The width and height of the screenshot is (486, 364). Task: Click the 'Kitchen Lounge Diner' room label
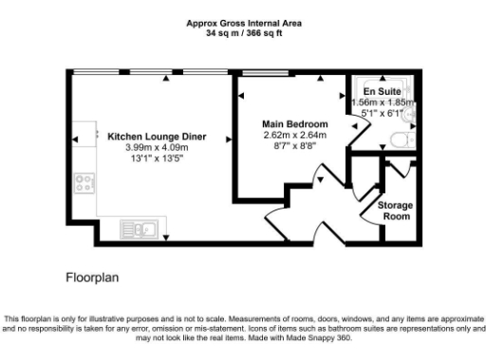(x=157, y=136)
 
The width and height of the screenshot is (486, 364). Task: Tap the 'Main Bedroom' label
(x=295, y=124)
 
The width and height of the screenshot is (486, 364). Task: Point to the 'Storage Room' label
(x=394, y=210)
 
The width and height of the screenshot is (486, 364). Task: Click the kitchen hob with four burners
(x=84, y=182)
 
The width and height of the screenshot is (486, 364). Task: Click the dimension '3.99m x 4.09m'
(x=157, y=147)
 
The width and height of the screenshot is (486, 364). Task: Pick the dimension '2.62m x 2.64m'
(x=295, y=136)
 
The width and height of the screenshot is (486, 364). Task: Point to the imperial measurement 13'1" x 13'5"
(x=157, y=158)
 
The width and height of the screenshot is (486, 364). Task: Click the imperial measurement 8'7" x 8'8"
(x=295, y=147)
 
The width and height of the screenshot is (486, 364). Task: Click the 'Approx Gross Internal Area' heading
(x=244, y=24)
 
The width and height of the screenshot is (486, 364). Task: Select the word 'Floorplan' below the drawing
(x=91, y=279)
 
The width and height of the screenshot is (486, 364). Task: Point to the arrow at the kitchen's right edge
(x=224, y=138)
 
